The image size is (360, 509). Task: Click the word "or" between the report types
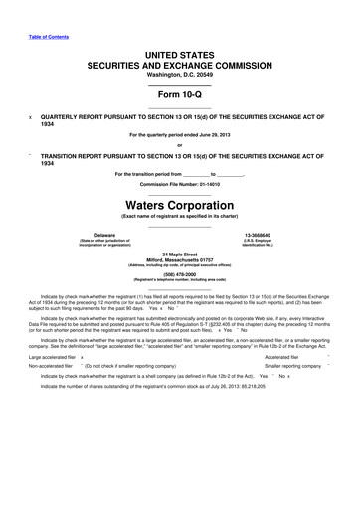pos(179,145)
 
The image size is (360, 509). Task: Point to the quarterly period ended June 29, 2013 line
pos(179,135)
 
